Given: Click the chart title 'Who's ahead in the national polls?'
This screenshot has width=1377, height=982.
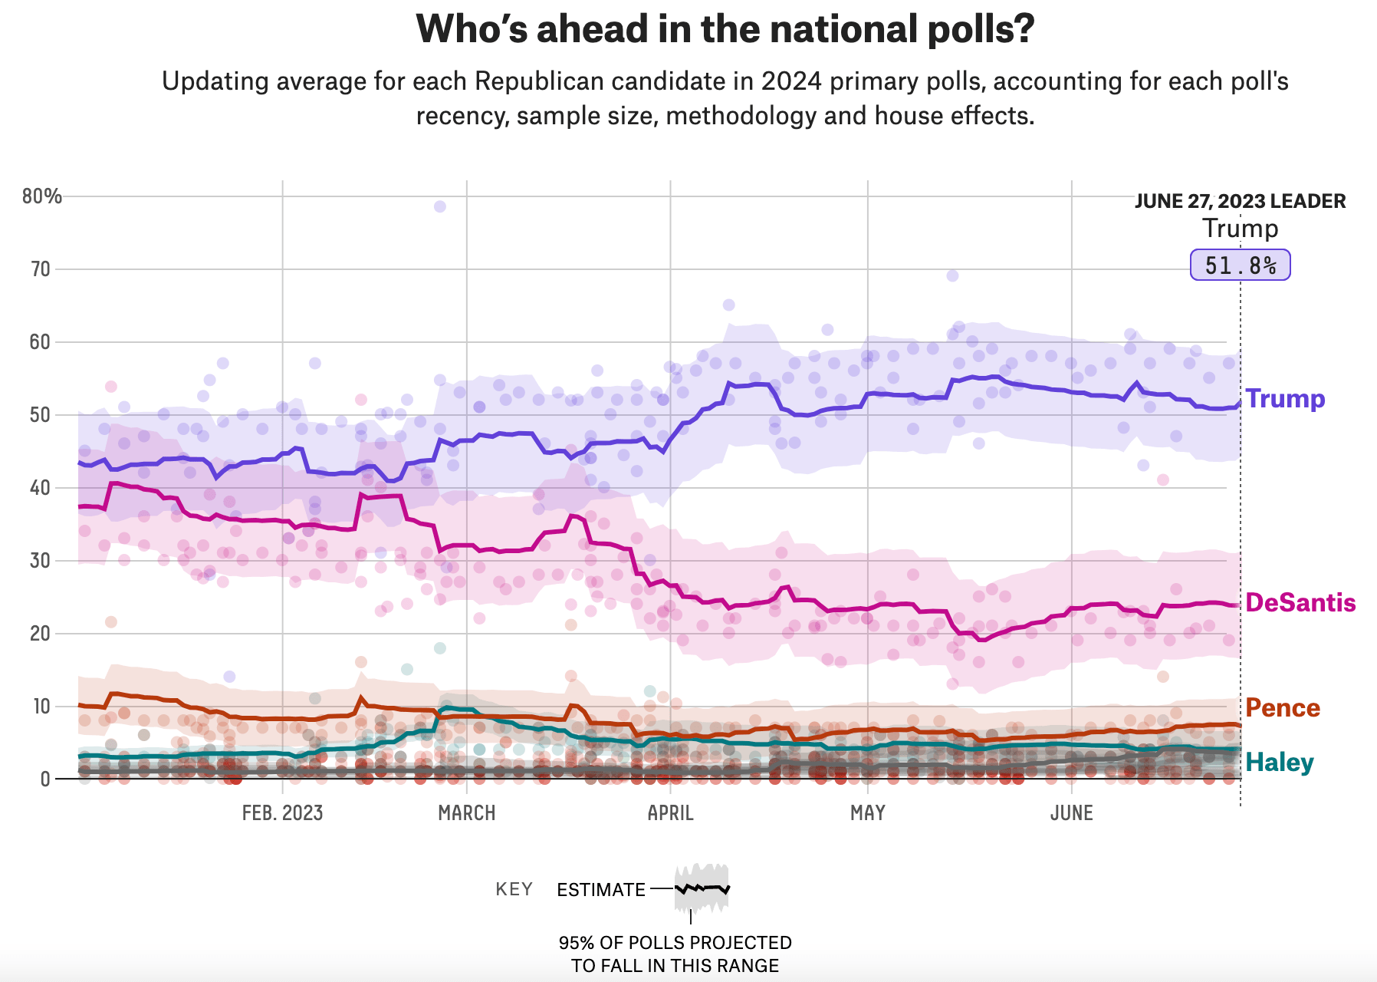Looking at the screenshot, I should pos(725,30).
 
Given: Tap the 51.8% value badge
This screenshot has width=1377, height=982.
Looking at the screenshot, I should pos(1240,265).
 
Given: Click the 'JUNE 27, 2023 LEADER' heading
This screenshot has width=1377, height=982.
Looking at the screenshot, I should pos(1240,201).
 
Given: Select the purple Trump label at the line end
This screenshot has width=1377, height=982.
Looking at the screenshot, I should pos(1285,399).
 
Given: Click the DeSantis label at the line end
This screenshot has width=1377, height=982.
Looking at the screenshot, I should pos(1300,603).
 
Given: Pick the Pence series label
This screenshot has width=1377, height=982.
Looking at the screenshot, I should pos(1283,707).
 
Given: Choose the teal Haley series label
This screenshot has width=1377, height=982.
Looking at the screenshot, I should pos(1280,762).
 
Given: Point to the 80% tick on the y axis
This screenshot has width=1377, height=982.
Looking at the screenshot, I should pos(41,196).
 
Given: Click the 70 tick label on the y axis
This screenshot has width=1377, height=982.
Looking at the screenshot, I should pos(41,269).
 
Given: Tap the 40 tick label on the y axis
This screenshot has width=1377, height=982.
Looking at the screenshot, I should pos(41,488).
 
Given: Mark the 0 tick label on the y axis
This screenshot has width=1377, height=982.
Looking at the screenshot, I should pos(45,779).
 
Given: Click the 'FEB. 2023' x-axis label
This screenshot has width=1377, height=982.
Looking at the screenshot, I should pos(282,813).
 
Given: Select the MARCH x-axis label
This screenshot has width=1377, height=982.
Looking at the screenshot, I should pos(466,813).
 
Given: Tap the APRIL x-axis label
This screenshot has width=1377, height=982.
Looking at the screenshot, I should pos(670,813).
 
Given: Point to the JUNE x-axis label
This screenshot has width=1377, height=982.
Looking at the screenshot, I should pos(1071,813).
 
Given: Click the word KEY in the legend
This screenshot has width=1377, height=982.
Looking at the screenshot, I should pos(514,890).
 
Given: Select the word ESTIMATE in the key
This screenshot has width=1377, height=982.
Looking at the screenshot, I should pos(601,890).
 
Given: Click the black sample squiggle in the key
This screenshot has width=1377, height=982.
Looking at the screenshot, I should pos(702,888).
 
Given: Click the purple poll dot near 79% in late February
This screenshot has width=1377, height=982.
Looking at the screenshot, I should pos(439,206).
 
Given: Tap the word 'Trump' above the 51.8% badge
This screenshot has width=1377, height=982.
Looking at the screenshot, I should pos(1240,229).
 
